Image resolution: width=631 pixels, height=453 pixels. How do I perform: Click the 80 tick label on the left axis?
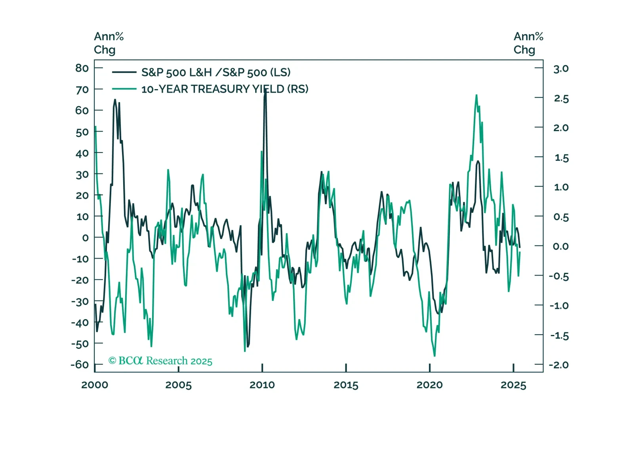click(82, 68)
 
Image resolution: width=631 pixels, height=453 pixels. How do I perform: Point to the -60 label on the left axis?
click(80, 364)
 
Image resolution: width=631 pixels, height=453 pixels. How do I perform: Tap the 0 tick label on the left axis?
click(85, 238)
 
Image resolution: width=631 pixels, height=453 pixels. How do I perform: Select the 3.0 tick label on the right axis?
click(560, 69)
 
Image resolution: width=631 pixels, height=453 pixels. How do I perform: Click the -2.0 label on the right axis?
click(559, 365)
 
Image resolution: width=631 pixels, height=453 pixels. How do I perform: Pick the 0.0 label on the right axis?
click(560, 246)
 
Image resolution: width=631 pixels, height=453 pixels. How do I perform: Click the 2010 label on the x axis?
click(262, 385)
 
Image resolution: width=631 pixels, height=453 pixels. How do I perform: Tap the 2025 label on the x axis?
click(513, 385)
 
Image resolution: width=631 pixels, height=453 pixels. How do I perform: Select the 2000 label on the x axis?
click(95, 385)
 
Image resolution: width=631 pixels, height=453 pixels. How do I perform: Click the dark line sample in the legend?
click(124, 72)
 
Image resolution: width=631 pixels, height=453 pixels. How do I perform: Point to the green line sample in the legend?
click(124, 89)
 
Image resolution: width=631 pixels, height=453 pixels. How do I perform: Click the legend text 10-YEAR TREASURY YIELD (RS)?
click(225, 89)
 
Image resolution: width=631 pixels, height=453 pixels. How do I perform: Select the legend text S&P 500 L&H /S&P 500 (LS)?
click(216, 72)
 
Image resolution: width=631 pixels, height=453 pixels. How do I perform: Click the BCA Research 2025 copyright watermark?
click(160, 361)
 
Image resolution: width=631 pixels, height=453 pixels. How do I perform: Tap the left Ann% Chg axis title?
click(109, 43)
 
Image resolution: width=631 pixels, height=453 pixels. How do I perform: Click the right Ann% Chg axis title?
click(528, 43)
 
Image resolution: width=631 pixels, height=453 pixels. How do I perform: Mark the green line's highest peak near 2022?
click(476, 95)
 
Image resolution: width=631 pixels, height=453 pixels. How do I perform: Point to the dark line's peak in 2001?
click(115, 100)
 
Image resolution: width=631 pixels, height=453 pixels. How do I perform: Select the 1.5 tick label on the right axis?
click(561, 158)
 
